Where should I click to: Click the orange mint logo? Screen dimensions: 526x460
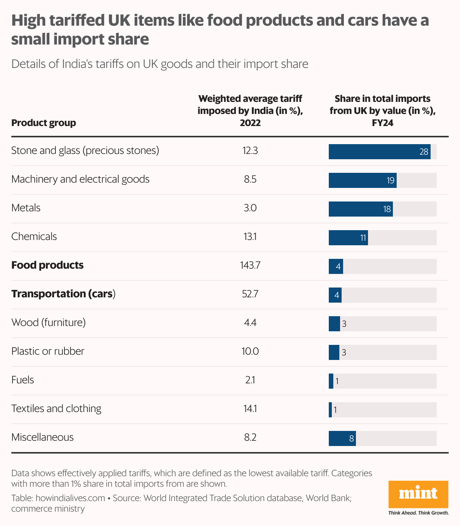[x=418, y=494]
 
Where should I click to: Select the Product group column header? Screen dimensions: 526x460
[x=44, y=123]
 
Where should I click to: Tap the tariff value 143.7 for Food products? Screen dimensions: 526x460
[x=250, y=265]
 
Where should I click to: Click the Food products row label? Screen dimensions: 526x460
[x=48, y=265]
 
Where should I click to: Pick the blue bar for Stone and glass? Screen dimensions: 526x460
[x=379, y=152]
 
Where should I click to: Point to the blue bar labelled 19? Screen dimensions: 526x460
[x=362, y=180]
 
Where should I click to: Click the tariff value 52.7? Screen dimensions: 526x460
[x=250, y=294]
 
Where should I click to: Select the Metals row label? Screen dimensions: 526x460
[x=26, y=208]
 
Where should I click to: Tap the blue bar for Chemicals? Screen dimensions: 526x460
[x=348, y=238]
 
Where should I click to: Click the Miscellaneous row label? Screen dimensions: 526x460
[x=43, y=437]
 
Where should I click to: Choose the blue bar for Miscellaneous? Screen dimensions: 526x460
[x=342, y=438]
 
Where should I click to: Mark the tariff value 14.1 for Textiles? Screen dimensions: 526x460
[x=250, y=409]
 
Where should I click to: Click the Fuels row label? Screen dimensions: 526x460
[x=23, y=380]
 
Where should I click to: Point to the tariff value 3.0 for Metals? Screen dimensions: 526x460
[x=250, y=208]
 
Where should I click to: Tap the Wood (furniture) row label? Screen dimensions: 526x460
[x=49, y=323]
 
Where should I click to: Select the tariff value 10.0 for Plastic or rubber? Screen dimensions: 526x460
[x=250, y=351]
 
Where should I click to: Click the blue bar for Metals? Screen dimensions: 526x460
[x=360, y=209]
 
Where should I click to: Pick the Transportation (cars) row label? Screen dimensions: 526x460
[x=63, y=294]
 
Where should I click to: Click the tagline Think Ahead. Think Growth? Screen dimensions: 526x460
[x=418, y=513]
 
